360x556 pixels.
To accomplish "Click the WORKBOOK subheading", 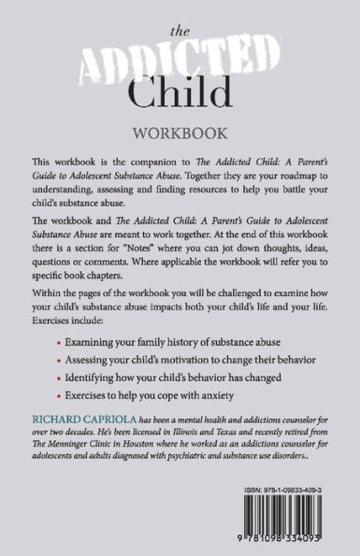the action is (180, 132).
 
